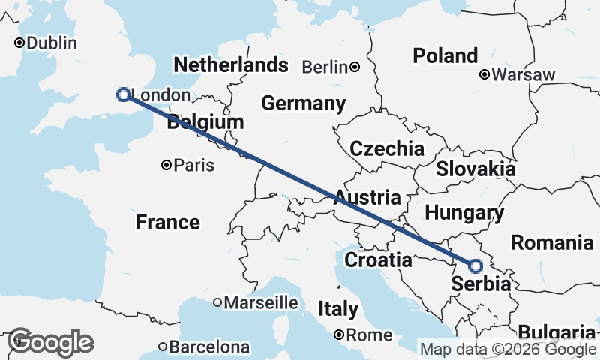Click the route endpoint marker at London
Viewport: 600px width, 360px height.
pyautogui.click(x=124, y=94)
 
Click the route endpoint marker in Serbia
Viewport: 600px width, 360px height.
pyautogui.click(x=475, y=265)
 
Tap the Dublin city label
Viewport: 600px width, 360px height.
pyautogui.click(x=51, y=43)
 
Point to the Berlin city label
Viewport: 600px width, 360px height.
pyautogui.click(x=325, y=67)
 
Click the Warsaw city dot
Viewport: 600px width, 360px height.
pyautogui.click(x=484, y=74)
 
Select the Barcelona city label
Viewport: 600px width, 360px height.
pyautogui.click(x=208, y=347)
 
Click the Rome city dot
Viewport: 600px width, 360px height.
pyautogui.click(x=339, y=334)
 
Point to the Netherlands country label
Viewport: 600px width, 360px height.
pyautogui.click(x=230, y=65)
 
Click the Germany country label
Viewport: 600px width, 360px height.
pyautogui.click(x=303, y=103)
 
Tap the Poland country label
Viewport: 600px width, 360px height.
pyautogui.click(x=445, y=55)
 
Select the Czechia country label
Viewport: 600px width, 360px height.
pyautogui.click(x=387, y=148)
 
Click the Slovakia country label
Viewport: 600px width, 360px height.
pyautogui.click(x=475, y=169)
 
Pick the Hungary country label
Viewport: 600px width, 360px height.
pyautogui.click(x=464, y=213)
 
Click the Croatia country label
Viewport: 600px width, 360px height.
pyautogui.click(x=378, y=260)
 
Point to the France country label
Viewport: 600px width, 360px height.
pyautogui.click(x=168, y=222)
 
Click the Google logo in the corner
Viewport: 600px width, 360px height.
pyautogui.click(x=50, y=342)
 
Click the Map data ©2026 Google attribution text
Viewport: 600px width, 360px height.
pyautogui.click(x=508, y=349)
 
